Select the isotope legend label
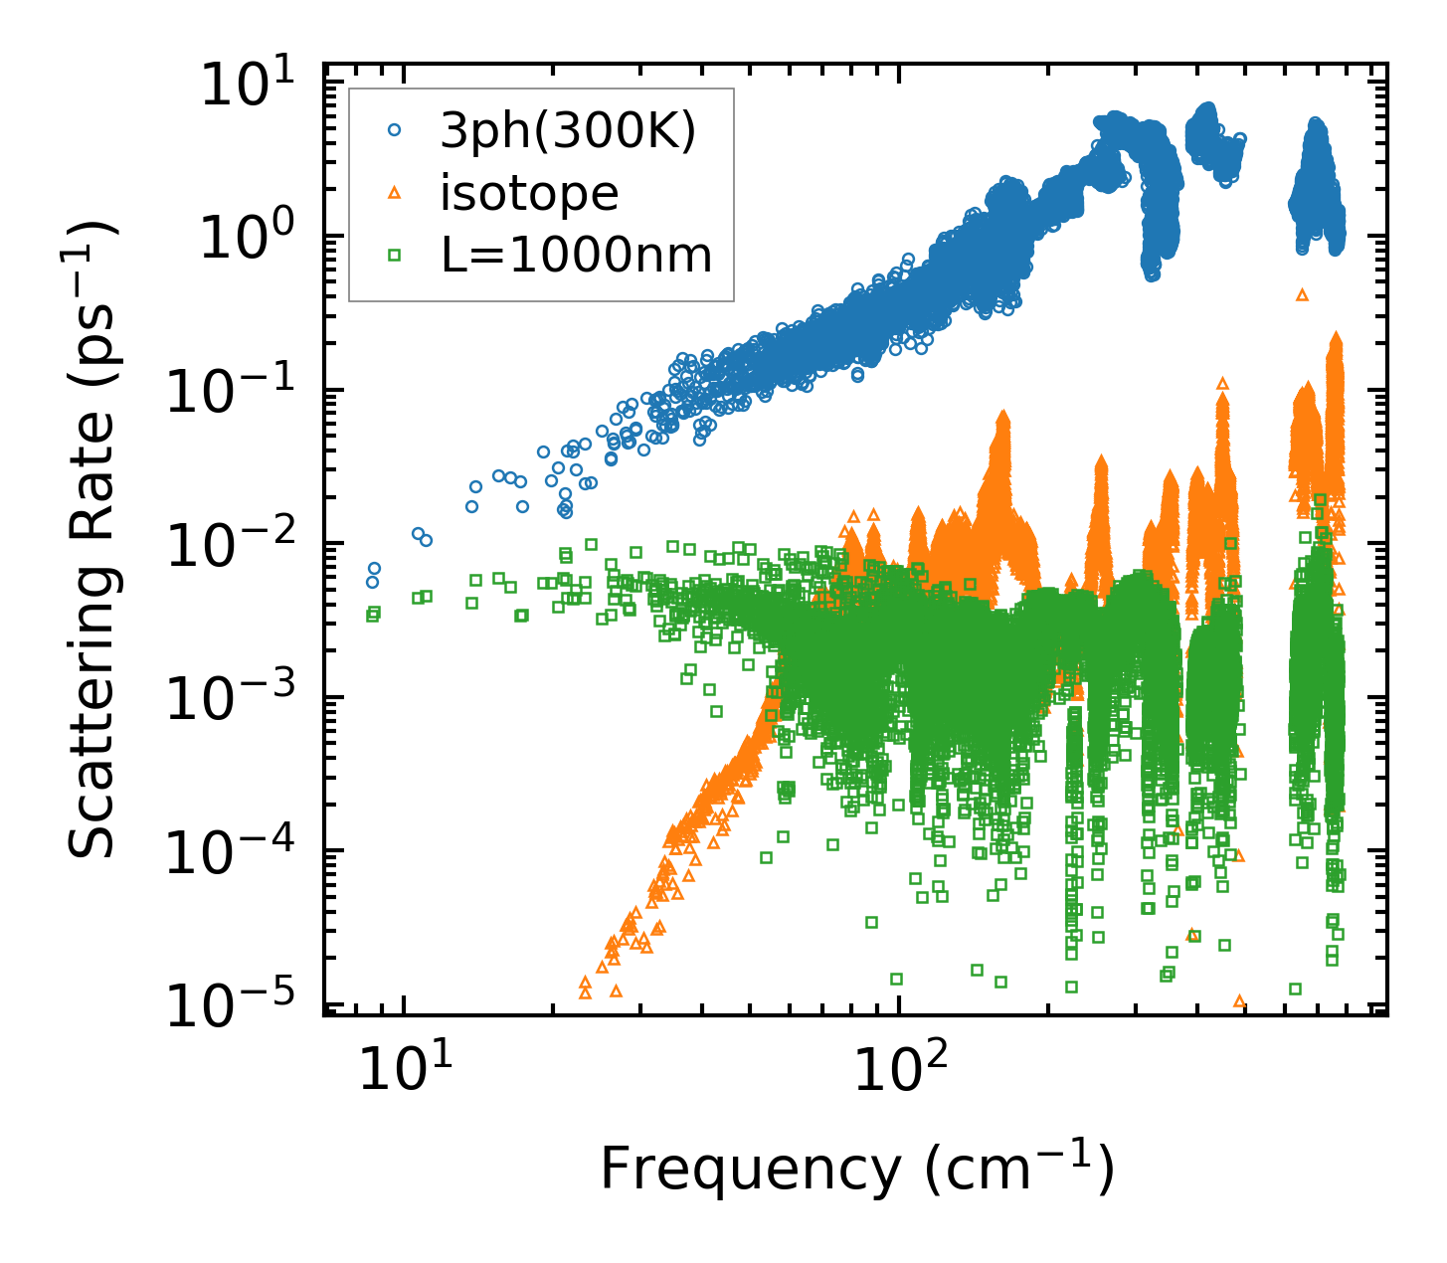pos(529,193)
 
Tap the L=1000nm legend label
pos(577,256)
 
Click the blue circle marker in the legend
pos(394,129)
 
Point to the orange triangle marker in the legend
pos(394,193)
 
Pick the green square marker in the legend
pos(394,256)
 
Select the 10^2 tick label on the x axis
pos(900,1069)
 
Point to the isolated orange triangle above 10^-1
pos(1303,294)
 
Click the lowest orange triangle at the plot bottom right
pos(1239,1000)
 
